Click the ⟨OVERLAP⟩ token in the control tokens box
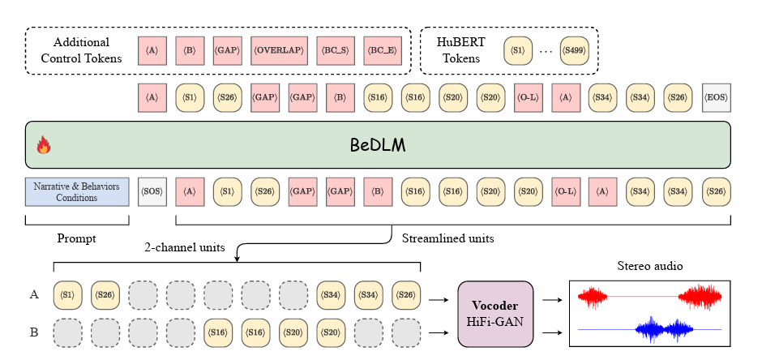pos(279,49)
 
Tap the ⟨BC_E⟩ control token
pos(383,49)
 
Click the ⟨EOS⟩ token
pos(716,97)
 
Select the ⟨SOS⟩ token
pos(152,191)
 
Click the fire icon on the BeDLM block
pos(44,146)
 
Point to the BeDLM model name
pos(379,146)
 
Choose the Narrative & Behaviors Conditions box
pos(77,191)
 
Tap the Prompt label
pos(77,238)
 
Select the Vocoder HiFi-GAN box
pos(495,314)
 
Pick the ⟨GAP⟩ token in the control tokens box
pos(228,49)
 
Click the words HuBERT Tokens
pos(459,49)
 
